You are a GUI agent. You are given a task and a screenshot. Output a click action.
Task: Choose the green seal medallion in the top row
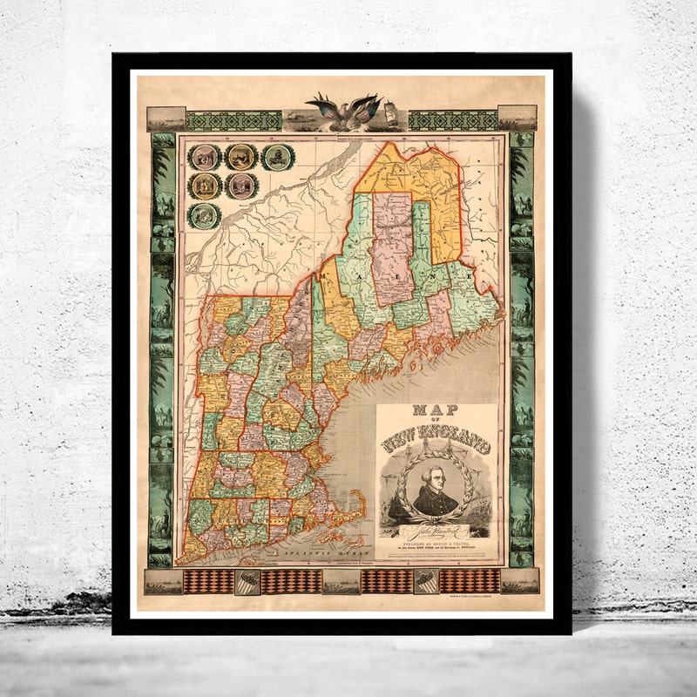279,157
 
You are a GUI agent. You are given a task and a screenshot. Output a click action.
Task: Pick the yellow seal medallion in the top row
240,157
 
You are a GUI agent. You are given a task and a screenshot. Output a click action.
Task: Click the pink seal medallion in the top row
205,157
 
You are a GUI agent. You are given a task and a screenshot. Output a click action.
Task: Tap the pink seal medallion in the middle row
240,186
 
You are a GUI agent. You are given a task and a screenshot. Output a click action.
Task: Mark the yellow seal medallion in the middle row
205,186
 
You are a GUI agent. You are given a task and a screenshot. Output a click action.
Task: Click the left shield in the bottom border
247,582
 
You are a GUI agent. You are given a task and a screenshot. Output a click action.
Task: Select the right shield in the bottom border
425,582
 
